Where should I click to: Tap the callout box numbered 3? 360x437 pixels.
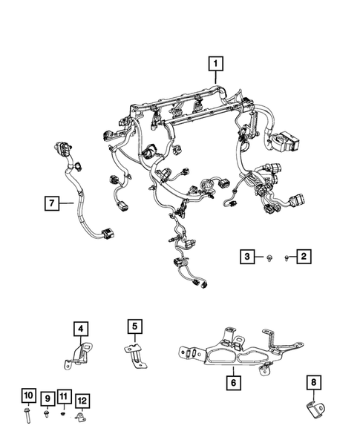click(x=246, y=257)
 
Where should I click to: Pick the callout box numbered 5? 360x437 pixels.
click(x=133, y=326)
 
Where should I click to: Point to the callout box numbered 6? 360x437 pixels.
click(x=234, y=383)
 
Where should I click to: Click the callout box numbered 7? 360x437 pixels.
click(x=51, y=201)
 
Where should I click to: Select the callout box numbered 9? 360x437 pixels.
click(x=46, y=400)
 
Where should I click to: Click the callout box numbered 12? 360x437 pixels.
click(x=82, y=400)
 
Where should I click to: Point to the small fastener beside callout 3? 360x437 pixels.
click(x=268, y=257)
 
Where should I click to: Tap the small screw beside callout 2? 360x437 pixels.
click(x=285, y=257)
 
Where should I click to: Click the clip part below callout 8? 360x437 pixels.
click(x=315, y=409)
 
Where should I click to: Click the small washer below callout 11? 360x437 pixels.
click(x=63, y=413)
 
